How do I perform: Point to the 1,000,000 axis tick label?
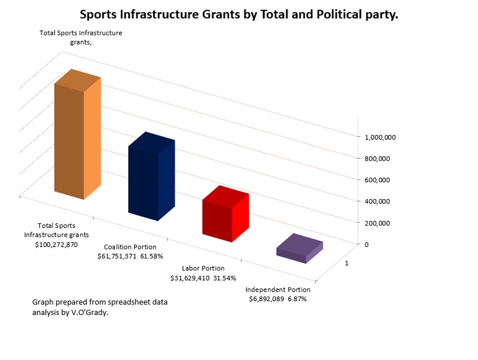[380, 137]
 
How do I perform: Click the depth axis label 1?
[347, 263]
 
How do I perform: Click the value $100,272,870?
[56, 245]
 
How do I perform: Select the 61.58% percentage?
[152, 256]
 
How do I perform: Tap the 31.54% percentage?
[225, 278]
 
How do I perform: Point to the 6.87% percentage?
[297, 299]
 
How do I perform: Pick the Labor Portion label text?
[203, 268]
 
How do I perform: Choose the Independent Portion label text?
[278, 290]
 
